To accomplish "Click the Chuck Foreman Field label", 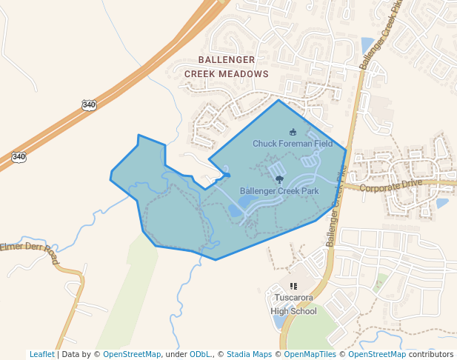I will tap(293, 143).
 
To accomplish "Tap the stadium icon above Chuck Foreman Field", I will tap(293, 132).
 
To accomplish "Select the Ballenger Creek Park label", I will tap(279, 190).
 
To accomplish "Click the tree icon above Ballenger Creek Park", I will tap(279, 179).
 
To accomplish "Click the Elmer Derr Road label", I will tap(30, 251).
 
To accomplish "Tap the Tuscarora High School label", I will tap(293, 304).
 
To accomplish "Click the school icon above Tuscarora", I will tap(293, 286).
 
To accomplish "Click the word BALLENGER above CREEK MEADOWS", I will tap(227, 59).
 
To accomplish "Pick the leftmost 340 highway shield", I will tap(19, 156).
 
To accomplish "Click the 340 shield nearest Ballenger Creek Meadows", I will tap(89, 105).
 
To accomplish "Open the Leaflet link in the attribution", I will tap(41, 354).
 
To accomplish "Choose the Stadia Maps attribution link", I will tap(249, 354).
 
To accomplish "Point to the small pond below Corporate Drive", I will tap(442, 203).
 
